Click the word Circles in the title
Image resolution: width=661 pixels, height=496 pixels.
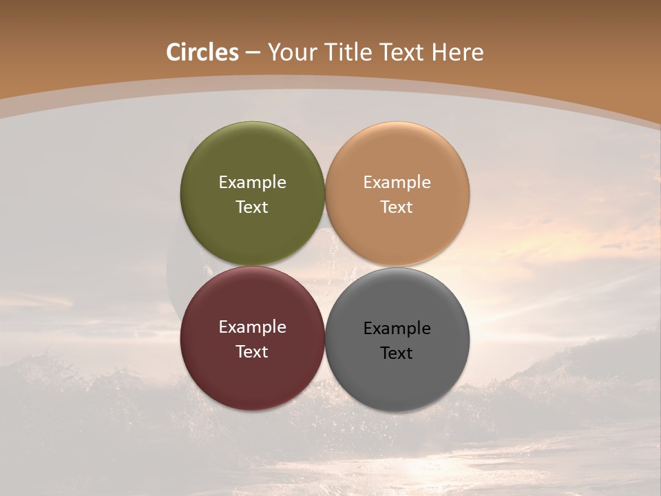point(202,52)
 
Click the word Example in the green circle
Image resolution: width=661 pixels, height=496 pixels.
point(252,183)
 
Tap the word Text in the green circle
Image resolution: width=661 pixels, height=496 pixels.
point(252,207)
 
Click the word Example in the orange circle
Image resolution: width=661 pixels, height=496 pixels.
point(397,183)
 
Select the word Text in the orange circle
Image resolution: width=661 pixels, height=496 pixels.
point(397,207)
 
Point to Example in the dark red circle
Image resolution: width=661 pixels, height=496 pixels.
point(252,327)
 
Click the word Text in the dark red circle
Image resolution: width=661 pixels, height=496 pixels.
point(252,352)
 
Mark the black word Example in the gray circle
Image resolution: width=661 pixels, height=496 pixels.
point(397,329)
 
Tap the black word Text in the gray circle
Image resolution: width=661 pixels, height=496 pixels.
point(397,353)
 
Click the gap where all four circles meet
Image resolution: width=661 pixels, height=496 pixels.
point(325,266)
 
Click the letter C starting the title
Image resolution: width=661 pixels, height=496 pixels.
point(174,52)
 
